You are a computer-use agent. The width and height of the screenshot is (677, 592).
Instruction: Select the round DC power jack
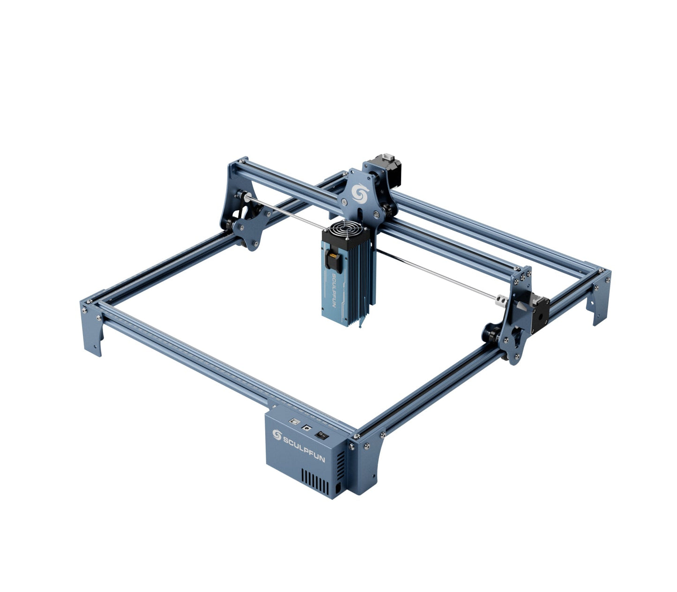click(307, 428)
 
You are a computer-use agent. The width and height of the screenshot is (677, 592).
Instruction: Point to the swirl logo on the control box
click(277, 435)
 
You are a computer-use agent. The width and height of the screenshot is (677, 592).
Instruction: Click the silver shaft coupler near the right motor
click(502, 299)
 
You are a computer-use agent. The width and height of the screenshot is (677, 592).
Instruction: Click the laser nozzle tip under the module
click(360, 324)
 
